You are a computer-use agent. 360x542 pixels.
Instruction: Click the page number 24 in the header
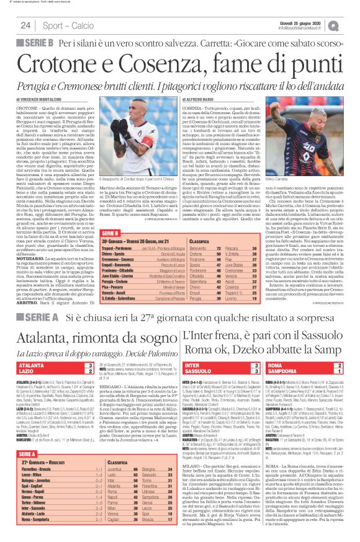click(25, 25)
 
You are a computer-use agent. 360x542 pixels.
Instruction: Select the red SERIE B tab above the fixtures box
click(110, 215)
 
